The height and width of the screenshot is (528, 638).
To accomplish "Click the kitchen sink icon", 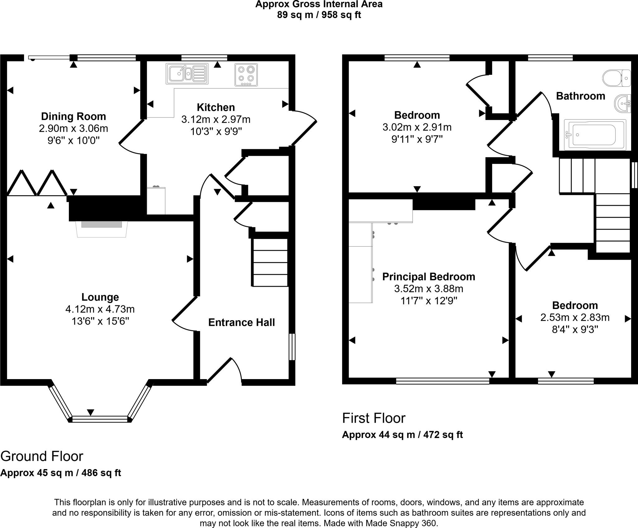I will point(187,74).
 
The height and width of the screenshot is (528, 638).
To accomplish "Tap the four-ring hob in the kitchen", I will point(246,75).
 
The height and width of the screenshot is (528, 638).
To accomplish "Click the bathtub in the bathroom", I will point(595,135).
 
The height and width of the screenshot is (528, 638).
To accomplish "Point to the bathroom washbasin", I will point(623,103).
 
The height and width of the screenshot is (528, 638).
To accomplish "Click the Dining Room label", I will point(74,117).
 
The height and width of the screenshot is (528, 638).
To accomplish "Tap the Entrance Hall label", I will point(241,322).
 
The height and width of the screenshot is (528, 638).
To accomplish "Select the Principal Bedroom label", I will point(429,277).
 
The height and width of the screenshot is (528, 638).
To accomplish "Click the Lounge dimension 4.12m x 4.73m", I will point(100,309).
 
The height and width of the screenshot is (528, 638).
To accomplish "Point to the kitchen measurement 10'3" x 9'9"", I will point(216,131).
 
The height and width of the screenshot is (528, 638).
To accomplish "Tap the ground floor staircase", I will point(270,263).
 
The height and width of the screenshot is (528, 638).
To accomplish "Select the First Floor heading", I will point(374,418).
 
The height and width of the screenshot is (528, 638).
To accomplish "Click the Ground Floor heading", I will point(42,456).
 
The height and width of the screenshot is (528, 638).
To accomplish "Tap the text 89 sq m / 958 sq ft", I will point(319,15).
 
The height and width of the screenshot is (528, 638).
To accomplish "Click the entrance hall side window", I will point(292,347).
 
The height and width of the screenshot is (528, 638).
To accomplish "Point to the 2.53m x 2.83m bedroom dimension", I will point(575,317).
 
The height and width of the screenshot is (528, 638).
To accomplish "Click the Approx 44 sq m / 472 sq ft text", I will point(402,435).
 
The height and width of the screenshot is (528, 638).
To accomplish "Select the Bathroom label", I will point(580,96).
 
